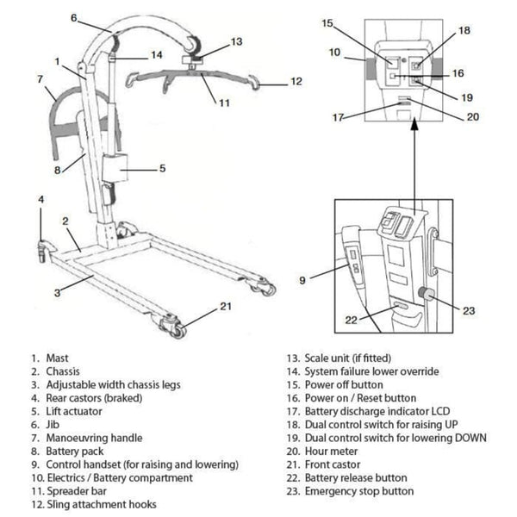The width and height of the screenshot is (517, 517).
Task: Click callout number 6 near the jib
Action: tap(74, 17)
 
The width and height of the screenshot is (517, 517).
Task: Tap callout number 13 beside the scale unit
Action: tap(237, 41)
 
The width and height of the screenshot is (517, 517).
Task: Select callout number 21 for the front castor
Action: tap(225, 307)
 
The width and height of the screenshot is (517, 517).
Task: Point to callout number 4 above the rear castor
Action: tap(40, 200)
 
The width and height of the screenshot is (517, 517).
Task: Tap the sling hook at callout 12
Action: tap(258, 84)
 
